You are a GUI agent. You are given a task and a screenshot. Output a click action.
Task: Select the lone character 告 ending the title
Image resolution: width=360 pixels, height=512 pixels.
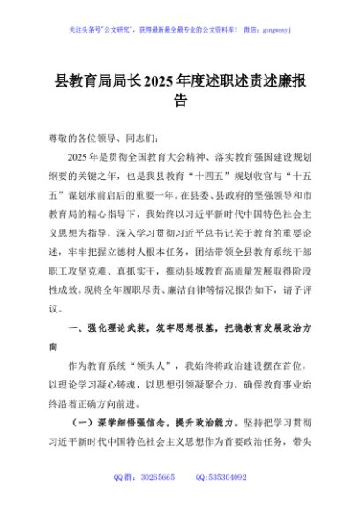coord(180,102)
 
